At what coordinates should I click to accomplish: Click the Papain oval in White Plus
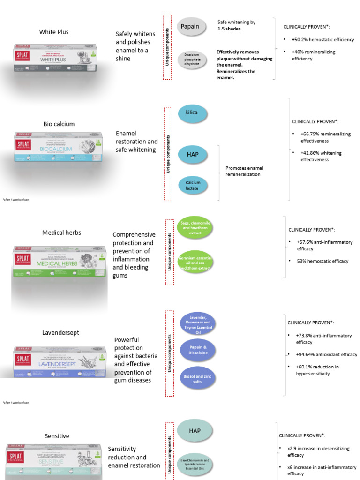pyautogui.click(x=190, y=26)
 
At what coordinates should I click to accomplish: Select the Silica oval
pyautogui.click(x=191, y=112)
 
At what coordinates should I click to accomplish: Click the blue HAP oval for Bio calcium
pyautogui.click(x=192, y=154)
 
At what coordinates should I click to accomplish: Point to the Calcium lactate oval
pyautogui.click(x=192, y=186)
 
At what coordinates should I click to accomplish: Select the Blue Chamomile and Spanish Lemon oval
pyautogui.click(x=194, y=464)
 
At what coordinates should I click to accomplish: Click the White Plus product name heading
pyautogui.click(x=54, y=32)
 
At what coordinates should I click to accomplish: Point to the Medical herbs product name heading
pyautogui.click(x=61, y=232)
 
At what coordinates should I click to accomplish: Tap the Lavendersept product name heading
pyautogui.click(x=60, y=332)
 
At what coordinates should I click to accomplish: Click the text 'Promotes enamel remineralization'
pyautogui.click(x=243, y=171)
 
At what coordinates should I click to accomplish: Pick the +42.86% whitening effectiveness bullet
pyautogui.click(x=321, y=156)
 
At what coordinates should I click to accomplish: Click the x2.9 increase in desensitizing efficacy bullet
pyautogui.click(x=318, y=451)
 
